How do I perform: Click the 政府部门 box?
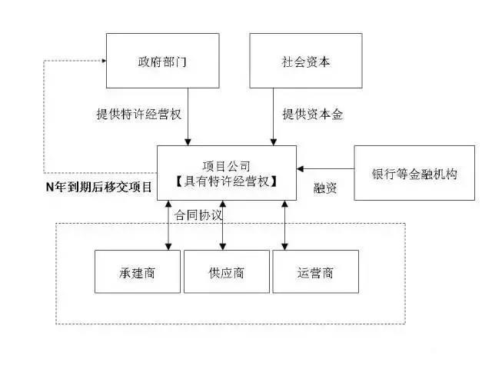pos(162,61)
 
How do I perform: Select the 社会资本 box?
pos(306,61)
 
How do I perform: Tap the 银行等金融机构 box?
pos(414,173)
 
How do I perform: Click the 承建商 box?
pos(138,271)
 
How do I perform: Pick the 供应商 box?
pos(227,271)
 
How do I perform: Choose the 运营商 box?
pos(316,271)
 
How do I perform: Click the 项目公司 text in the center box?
pos(227,166)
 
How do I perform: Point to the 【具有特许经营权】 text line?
pos(227,181)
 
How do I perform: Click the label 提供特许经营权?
pos(139,115)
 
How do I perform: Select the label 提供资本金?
pos(313,115)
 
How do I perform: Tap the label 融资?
pos(325,188)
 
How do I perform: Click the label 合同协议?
pos(198,215)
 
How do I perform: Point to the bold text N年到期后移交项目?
pos(99,187)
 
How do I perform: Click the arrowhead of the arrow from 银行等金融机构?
pos(301,169)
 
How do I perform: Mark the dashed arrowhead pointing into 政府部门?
pos(105,61)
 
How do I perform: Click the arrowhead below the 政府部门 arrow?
pos(188,142)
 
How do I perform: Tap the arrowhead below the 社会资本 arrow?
pos(274,142)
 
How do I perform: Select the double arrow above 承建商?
pos(168,225)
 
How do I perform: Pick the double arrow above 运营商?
pos(284,225)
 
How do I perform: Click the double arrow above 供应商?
pos(223,225)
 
